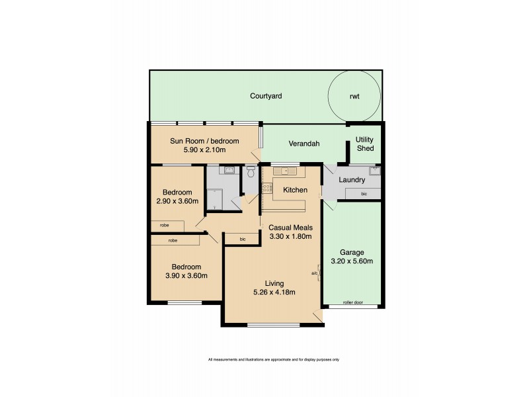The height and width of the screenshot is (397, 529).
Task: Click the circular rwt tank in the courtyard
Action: click(355, 96)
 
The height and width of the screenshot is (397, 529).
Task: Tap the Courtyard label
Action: click(266, 96)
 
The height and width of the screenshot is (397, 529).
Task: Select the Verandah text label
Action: click(304, 144)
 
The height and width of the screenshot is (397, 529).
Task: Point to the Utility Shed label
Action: click(365, 144)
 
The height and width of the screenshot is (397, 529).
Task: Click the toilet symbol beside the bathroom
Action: click(250, 171)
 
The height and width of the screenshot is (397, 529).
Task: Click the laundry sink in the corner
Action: click(375, 170)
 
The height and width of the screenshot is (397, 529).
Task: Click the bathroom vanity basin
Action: click(229, 171)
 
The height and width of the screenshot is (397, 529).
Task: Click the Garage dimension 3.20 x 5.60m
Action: click(352, 261)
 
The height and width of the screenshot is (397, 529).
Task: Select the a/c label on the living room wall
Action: click(314, 273)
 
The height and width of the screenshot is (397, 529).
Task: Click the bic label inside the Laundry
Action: click(364, 193)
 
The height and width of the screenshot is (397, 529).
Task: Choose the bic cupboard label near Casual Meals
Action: click(243, 238)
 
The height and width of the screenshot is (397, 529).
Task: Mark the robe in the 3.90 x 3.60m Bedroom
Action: click(173, 240)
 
